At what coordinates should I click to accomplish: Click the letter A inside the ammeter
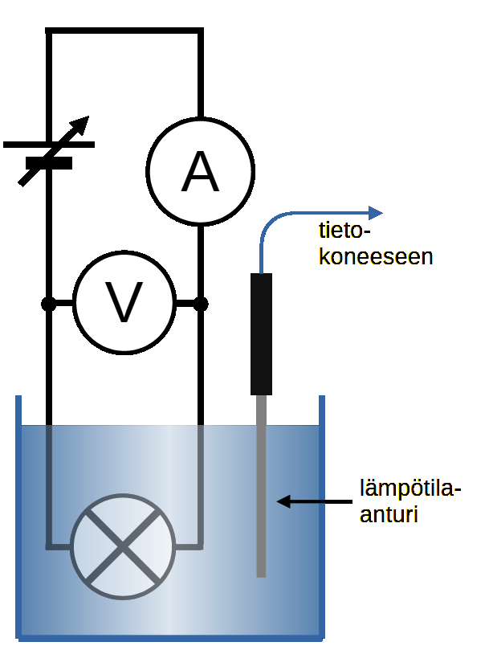tap(200, 171)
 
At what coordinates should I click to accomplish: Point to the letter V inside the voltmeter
tap(124, 304)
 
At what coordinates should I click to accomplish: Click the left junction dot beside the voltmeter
tap(49, 304)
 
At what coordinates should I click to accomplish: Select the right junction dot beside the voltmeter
tap(201, 304)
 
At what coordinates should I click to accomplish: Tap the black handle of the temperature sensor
tap(261, 333)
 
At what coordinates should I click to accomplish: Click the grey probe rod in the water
tap(261, 490)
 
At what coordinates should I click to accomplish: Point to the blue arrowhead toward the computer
tap(376, 213)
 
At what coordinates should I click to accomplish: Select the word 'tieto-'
tap(347, 233)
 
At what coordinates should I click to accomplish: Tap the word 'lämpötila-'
tap(411, 489)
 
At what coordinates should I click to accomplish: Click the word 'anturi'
tap(389, 513)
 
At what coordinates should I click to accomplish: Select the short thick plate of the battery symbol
tap(49, 162)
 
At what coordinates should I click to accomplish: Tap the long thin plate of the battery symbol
tap(49, 145)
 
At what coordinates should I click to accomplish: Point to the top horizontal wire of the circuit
tap(124, 31)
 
